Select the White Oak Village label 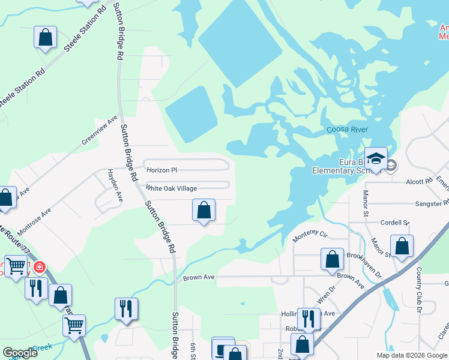click(171, 188)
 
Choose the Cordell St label click(394, 222)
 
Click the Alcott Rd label click(419, 181)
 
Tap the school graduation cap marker click(376, 159)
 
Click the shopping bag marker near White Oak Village click(204, 211)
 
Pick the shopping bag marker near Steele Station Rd click(46, 38)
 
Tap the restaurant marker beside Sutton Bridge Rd click(126, 309)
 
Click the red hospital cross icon click(40, 267)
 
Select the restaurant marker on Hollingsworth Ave click(309, 319)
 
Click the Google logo click(20, 353)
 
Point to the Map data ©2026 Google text click(411, 355)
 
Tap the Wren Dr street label click(324, 296)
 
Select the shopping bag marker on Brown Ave click(332, 260)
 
